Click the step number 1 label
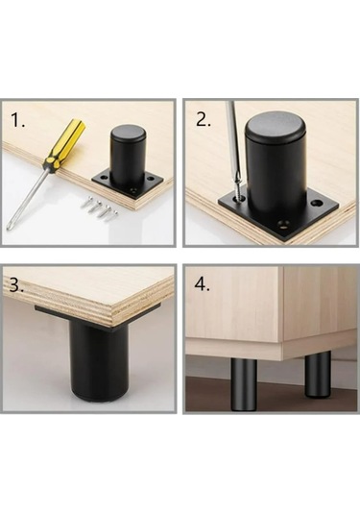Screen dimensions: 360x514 click(18, 120)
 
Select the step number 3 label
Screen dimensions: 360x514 click(16, 285)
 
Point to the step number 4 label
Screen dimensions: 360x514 click(203, 284)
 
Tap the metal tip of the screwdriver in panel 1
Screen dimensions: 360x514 click(9, 228)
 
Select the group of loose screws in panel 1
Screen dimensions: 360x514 click(99, 207)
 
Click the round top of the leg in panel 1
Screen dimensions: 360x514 click(128, 133)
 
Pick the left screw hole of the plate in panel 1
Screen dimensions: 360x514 click(105, 177)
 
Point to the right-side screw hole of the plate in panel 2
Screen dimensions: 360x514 click(316, 204)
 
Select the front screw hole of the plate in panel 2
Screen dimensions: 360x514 click(283, 224)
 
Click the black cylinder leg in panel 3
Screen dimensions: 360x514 click(99, 361)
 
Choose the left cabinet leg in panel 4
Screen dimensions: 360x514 click(244, 385)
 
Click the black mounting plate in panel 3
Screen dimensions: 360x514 click(98, 316)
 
